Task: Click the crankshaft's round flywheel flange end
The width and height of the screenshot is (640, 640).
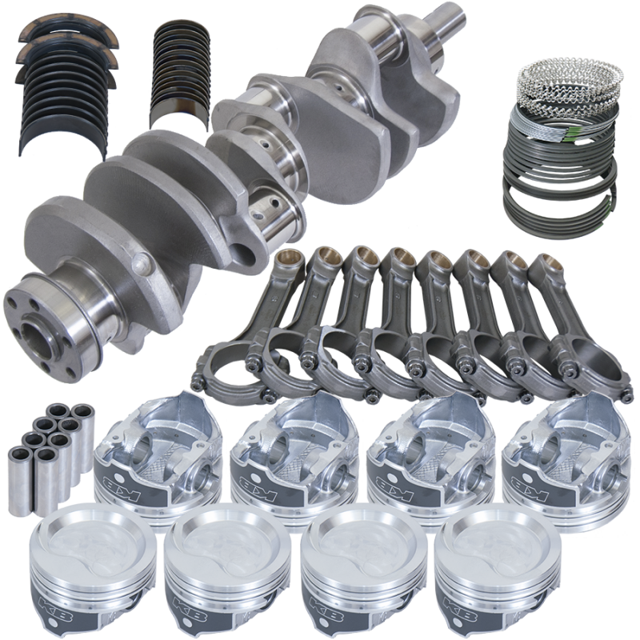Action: click(x=53, y=312)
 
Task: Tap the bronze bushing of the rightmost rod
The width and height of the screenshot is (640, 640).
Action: click(x=546, y=265)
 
